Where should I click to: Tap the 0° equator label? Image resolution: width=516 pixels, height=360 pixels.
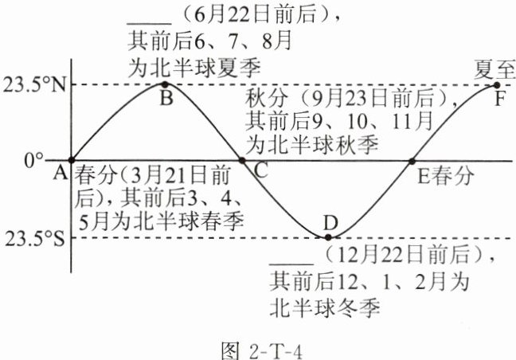[33, 159]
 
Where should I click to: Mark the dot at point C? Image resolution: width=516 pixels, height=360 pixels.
[243, 160]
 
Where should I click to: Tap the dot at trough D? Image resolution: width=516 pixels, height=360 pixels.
[327, 237]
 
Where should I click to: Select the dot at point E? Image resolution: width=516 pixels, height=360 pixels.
[412, 160]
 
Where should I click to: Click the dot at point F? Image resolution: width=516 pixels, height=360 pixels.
[497, 84]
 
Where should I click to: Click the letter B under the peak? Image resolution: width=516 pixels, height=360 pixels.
[166, 99]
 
